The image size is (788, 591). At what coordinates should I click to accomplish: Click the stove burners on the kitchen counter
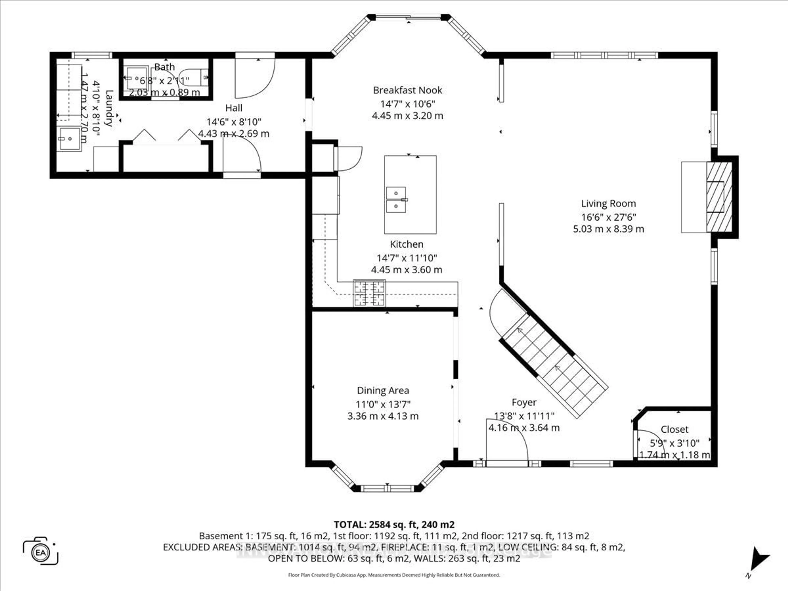[x=369, y=293]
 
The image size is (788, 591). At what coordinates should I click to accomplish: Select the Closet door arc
[x=650, y=442]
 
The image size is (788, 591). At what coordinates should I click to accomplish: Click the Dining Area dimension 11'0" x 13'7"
[x=383, y=404]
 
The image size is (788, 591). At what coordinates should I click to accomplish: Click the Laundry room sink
[x=70, y=139]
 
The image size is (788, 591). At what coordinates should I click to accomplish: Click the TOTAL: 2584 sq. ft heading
[x=394, y=524]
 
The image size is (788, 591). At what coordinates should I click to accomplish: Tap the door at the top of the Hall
[x=255, y=77]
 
